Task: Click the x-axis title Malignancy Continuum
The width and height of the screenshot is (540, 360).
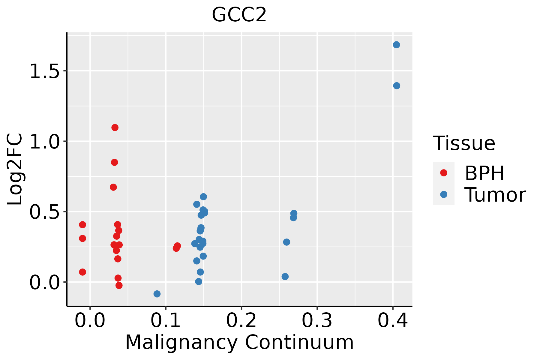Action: point(239,343)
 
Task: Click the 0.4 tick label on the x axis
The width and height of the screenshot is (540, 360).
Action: point(392,320)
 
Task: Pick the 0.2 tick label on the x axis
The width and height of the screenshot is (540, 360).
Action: point(241,320)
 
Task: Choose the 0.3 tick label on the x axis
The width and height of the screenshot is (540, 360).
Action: point(317,320)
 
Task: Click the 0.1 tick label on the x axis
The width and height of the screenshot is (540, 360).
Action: point(166,320)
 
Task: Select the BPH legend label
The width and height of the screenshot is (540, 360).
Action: point(484,173)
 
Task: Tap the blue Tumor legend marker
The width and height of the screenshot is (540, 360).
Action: point(444,194)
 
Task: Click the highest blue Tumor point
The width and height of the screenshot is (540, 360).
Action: point(396,45)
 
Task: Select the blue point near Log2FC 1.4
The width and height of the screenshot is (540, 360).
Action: point(397,86)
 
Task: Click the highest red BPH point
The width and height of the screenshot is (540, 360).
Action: point(115,127)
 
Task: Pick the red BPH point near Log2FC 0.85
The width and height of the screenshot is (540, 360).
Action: point(115,162)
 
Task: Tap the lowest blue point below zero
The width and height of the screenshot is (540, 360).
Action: point(157,294)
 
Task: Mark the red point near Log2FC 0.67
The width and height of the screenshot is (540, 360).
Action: point(113,187)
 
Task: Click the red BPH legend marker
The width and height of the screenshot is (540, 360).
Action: point(444,173)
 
